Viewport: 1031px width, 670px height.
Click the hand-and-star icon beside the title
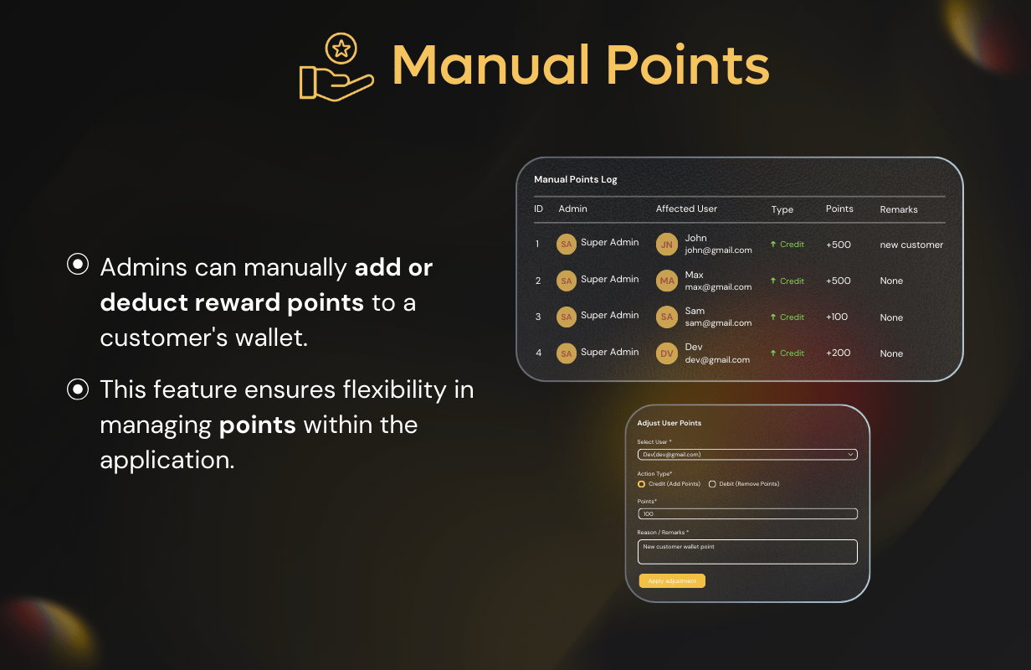[x=336, y=68]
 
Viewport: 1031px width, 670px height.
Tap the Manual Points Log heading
[x=576, y=179]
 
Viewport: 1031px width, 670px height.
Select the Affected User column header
[x=686, y=209]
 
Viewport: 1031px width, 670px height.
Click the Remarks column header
[x=899, y=209]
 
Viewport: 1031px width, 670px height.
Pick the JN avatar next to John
[x=667, y=245]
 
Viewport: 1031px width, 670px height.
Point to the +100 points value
[x=837, y=317]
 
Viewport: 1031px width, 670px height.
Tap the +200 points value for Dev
[x=838, y=353]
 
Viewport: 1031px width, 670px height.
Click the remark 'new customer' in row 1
[x=911, y=245]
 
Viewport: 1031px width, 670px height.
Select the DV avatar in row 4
[x=667, y=353]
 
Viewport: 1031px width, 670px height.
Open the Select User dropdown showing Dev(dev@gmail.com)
[x=747, y=455]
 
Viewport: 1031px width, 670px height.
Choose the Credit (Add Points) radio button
[x=642, y=484]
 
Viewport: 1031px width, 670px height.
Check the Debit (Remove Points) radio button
[x=712, y=484]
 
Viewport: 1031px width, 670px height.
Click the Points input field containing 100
[x=747, y=514]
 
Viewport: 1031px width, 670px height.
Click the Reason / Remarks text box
[x=747, y=552]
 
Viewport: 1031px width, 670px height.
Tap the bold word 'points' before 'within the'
[x=257, y=425]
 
